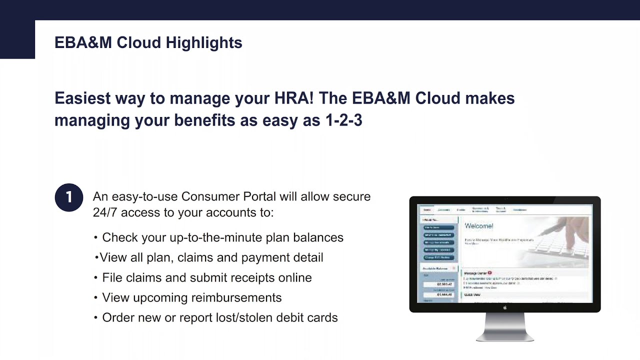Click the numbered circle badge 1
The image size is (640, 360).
(68, 197)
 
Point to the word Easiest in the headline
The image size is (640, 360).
(82, 98)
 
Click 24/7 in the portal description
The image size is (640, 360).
(105, 212)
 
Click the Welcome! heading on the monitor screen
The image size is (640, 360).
(479, 226)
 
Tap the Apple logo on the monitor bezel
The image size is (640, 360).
(505, 307)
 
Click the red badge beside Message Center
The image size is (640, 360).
(490, 273)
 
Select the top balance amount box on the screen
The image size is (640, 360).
(438, 284)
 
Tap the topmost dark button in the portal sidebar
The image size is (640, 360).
(439, 227)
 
